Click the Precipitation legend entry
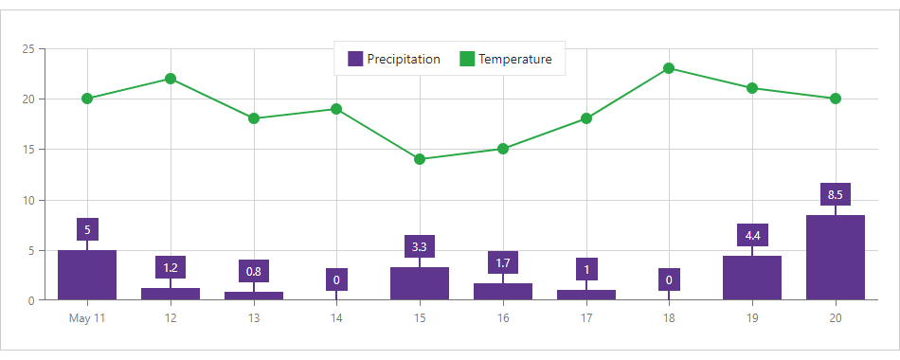coord(394,59)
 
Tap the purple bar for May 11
coord(87,275)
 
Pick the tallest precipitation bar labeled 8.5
coord(836,258)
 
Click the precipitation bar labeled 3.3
coord(420,283)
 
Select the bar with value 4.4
coord(752,278)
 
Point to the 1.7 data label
coord(503,262)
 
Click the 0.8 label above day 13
coord(254,272)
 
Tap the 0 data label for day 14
coord(336,279)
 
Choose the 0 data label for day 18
coord(669,279)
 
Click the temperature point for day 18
coord(669,68)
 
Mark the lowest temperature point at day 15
coord(420,159)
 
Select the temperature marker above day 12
coord(171,79)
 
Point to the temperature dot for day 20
coord(836,99)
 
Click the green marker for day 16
coord(503,149)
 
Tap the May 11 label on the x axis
coord(87,318)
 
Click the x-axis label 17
coord(585,318)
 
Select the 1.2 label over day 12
coord(171,267)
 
